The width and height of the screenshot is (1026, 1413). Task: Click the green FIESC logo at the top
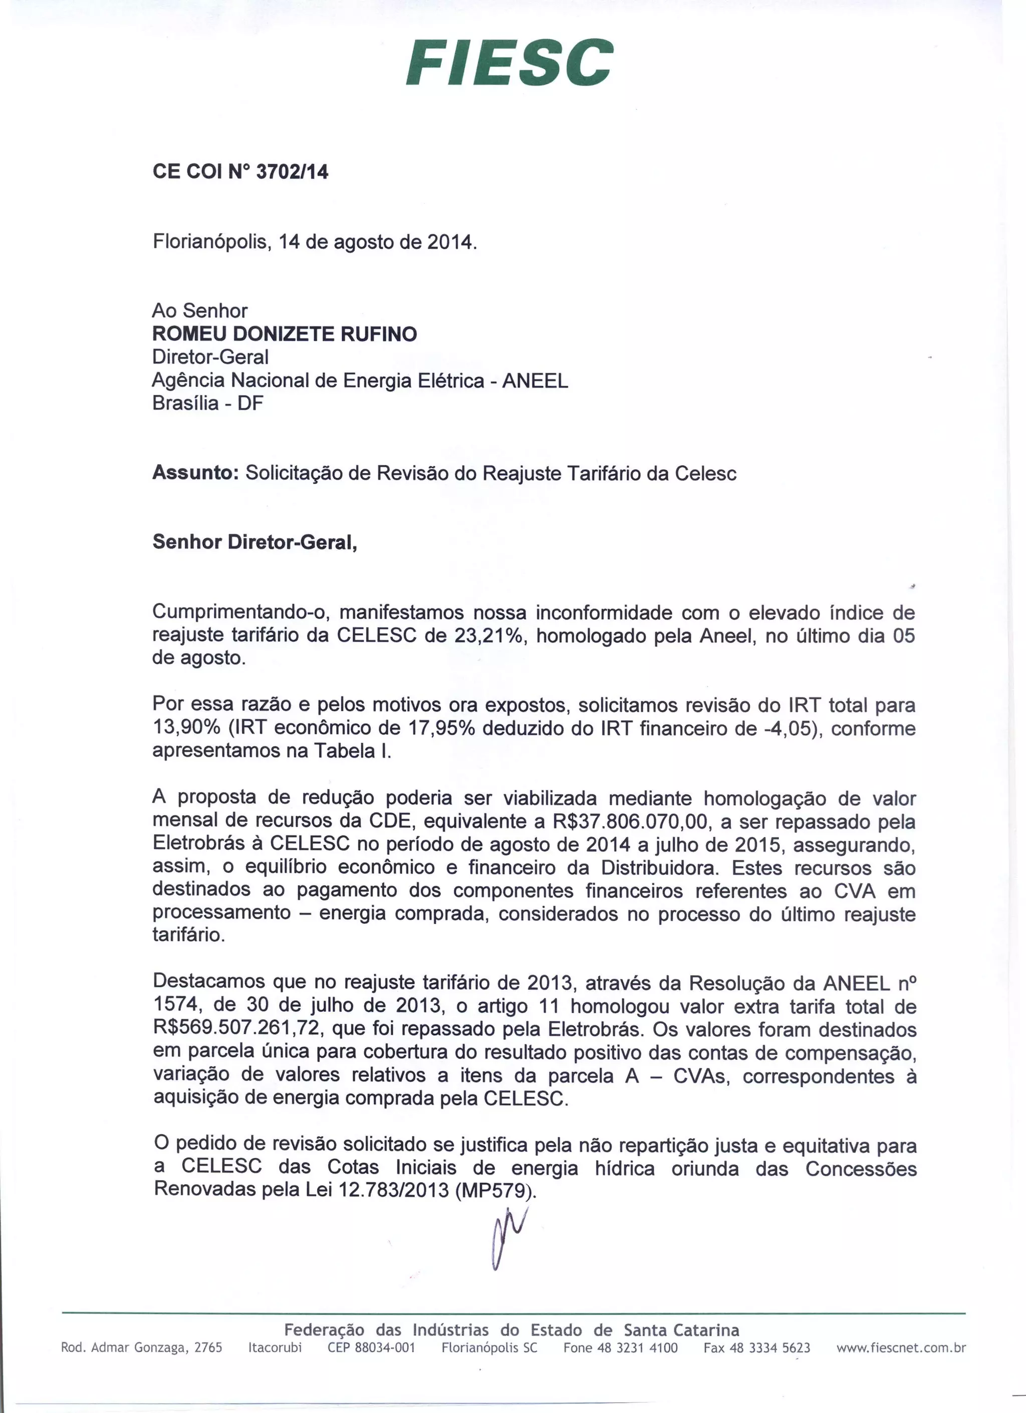coord(509,62)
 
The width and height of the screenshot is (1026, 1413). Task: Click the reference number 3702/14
coord(292,172)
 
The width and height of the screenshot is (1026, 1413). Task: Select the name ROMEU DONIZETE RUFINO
coord(285,335)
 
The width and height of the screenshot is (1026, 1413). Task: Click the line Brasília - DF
coord(208,404)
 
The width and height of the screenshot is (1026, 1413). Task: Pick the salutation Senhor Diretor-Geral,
coord(255,542)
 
